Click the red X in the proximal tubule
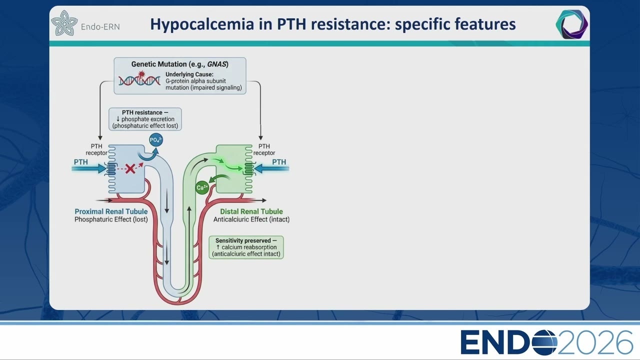click(x=130, y=169)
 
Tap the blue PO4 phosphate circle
click(x=156, y=139)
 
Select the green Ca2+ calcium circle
click(x=202, y=187)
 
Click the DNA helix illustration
click(x=139, y=79)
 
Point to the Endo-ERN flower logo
click(x=64, y=23)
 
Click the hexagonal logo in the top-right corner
click(x=571, y=24)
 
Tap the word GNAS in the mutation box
click(x=216, y=64)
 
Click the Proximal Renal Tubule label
click(x=111, y=211)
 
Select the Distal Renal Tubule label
click(x=251, y=211)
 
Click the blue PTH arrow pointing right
click(x=89, y=168)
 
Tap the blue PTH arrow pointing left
click(x=271, y=168)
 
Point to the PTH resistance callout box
click(x=145, y=119)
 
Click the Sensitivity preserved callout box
click(x=246, y=247)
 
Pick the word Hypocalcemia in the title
click(x=202, y=24)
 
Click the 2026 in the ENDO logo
click(x=595, y=342)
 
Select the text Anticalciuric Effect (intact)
click(x=251, y=219)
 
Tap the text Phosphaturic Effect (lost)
click(x=111, y=219)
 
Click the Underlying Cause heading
click(x=189, y=74)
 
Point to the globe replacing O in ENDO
click(x=544, y=342)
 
